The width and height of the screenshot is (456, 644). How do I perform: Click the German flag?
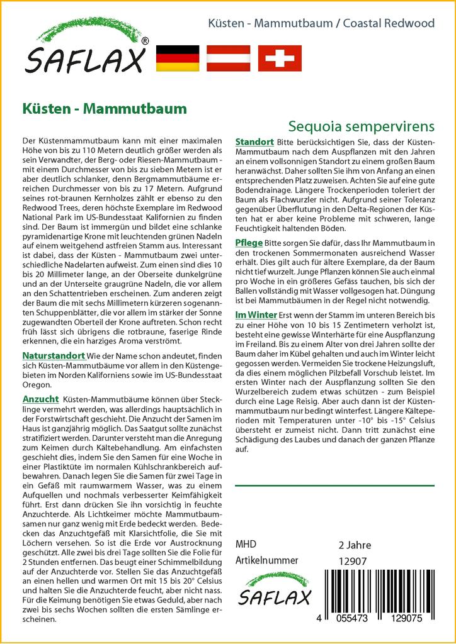(x=177, y=58)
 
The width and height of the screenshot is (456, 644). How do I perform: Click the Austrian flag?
(x=229, y=58)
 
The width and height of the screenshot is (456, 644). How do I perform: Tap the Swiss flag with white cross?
(x=280, y=58)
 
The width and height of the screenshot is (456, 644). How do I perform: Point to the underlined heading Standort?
(x=254, y=142)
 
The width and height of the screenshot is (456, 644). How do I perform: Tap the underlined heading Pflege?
(x=249, y=243)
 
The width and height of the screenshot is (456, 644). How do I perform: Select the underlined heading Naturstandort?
(x=54, y=356)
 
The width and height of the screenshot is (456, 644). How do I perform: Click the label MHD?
(x=246, y=545)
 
